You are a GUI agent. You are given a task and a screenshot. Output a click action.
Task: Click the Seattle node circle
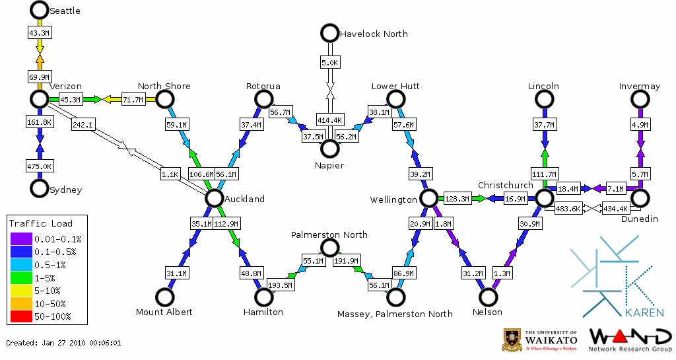click(40, 10)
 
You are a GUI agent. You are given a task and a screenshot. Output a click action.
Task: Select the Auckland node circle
click(213, 198)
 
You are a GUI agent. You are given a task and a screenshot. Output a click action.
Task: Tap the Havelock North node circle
click(329, 32)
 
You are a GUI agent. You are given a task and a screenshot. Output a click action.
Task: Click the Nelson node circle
click(489, 298)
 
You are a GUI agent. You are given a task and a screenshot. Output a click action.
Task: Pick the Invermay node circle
click(640, 99)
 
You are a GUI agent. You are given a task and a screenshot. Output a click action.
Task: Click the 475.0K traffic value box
click(40, 166)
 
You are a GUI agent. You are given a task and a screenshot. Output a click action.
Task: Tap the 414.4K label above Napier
click(329, 120)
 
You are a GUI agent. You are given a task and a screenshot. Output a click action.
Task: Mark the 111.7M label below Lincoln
click(545, 174)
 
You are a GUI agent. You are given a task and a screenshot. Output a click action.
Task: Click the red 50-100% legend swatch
click(21, 316)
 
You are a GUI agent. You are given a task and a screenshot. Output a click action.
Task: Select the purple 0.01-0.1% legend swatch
click(21, 238)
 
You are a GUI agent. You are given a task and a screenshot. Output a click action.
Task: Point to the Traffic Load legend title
click(41, 223)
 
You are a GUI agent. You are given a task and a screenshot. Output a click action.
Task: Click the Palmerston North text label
click(329, 234)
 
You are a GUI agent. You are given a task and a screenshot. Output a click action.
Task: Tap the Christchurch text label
click(505, 185)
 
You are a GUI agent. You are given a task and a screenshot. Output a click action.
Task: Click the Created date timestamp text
click(63, 343)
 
